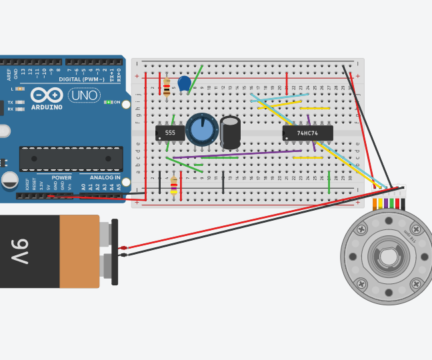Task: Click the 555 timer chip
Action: (x=170, y=133)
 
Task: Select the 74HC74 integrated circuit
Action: (x=307, y=133)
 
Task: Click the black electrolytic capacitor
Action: (x=231, y=132)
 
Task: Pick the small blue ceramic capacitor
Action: (x=185, y=83)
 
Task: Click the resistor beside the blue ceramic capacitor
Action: (x=167, y=86)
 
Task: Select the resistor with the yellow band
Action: (x=174, y=184)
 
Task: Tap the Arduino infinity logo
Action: (x=47, y=95)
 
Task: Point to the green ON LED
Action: (x=107, y=102)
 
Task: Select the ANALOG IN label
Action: (x=105, y=178)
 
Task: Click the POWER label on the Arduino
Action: (x=61, y=178)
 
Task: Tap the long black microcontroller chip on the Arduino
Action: (x=71, y=159)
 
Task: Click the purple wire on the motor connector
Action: (x=386, y=203)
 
